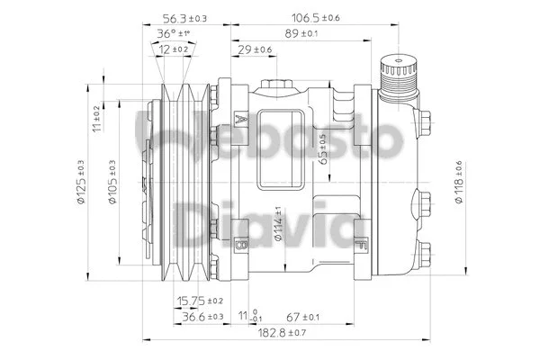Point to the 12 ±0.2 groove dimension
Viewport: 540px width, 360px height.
pyautogui.click(x=175, y=49)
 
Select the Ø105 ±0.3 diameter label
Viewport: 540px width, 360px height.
pyautogui.click(x=112, y=184)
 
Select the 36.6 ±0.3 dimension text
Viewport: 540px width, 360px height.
pyautogui.click(x=202, y=317)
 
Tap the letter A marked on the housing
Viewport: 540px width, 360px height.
pyautogui.click(x=238, y=119)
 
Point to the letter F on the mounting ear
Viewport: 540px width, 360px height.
pyautogui.click(x=362, y=244)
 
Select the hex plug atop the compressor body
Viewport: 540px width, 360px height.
pyautogui.click(x=275, y=85)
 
